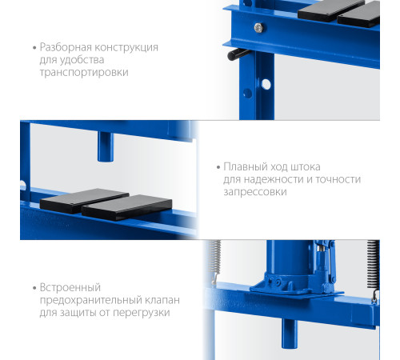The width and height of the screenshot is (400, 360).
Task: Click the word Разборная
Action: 66,48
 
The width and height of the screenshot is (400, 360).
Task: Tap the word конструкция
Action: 126,48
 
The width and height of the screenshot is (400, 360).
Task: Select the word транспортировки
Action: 84,73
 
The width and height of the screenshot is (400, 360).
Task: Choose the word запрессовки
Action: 255,192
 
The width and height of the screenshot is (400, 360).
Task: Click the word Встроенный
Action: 70,288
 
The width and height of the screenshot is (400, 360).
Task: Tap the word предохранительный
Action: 91,300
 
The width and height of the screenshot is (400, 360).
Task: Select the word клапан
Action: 162,300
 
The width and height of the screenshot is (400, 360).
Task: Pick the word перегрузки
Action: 142,313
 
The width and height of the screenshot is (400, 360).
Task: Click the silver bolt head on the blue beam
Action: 258,27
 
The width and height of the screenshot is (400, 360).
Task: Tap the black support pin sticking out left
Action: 236,54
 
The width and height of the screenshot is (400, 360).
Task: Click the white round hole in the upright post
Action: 266,84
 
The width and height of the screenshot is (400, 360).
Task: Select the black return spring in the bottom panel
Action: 373,264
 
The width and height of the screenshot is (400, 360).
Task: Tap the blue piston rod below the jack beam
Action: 290,334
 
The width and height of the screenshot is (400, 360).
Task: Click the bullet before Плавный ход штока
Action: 218,167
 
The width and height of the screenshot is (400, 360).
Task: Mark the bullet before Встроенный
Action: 34,288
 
